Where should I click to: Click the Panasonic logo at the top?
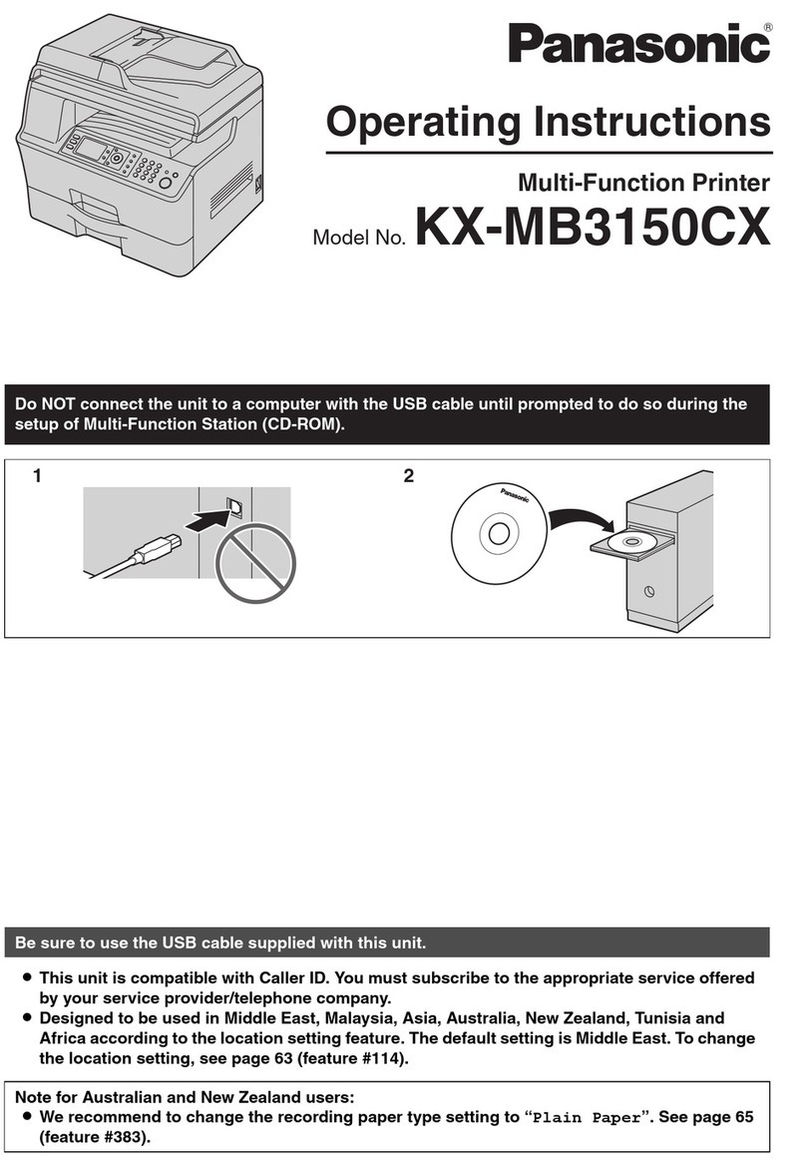click(639, 45)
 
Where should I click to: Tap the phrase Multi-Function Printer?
click(643, 183)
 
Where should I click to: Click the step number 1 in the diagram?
click(37, 476)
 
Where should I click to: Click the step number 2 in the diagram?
click(408, 476)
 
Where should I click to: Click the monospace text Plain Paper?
click(586, 1118)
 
